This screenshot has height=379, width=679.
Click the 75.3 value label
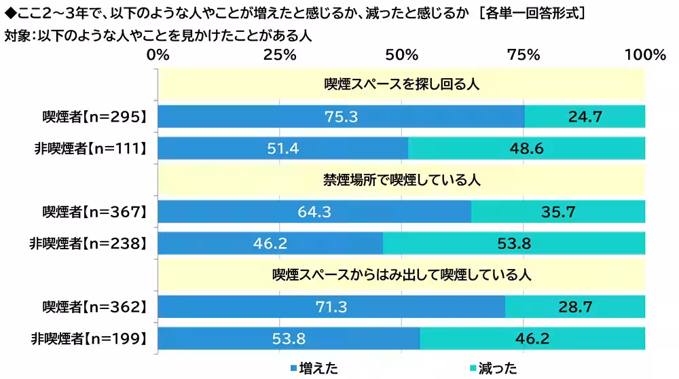point(341,117)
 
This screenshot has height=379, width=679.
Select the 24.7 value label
point(585,117)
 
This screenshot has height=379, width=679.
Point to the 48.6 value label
point(527,148)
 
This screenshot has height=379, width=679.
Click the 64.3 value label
point(314,212)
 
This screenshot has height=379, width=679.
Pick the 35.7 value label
point(558,212)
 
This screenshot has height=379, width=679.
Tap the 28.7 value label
point(575,307)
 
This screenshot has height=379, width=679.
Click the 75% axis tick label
point(524,56)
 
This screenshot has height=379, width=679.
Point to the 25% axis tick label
point(280,56)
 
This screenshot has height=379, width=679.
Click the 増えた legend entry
point(314,368)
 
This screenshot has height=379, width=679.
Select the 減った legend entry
point(493,368)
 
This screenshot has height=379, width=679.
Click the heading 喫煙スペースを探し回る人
point(402,84)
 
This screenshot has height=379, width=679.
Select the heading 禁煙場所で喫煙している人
point(402,180)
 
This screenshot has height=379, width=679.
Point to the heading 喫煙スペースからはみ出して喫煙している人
point(401,275)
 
